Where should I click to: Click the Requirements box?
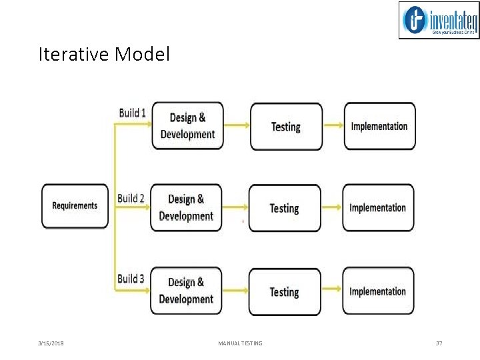point(75,206)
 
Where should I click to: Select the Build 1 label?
point(132,113)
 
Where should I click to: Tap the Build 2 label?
point(131,198)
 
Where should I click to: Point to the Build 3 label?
point(131,279)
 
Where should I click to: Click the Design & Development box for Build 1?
point(187,126)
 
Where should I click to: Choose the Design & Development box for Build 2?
point(186,207)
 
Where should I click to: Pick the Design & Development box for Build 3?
point(186,291)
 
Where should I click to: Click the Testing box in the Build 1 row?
point(286,126)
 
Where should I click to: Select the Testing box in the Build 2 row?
point(285,208)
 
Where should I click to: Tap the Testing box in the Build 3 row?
point(285,291)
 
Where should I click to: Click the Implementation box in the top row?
point(379,126)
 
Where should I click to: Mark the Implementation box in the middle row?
point(378,207)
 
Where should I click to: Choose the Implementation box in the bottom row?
point(378,291)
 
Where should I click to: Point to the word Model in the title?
point(142,54)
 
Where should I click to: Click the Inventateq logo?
point(439,21)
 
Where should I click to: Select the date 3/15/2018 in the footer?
point(51,343)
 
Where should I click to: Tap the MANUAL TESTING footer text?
point(240,343)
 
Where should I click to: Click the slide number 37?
point(439,343)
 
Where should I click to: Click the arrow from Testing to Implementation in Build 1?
point(333,126)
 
